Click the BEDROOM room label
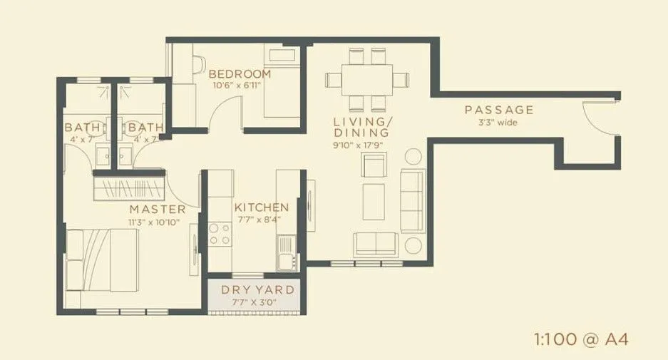240,73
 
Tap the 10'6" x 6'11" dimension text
239,86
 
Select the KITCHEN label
262,207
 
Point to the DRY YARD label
257,290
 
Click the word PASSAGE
499,110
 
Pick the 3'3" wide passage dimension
498,123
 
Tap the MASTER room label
158,210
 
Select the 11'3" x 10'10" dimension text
154,222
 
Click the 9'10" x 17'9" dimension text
361,145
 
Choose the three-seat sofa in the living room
412,200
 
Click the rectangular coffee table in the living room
374,202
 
